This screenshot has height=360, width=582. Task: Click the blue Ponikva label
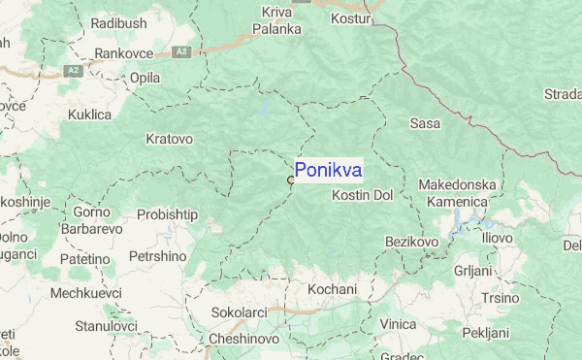328,171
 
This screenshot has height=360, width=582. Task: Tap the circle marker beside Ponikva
290,180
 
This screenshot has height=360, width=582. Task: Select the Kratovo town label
169,139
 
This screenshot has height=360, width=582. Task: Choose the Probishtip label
167,213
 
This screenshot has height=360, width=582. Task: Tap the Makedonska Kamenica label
457,191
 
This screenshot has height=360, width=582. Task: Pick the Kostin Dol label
362,195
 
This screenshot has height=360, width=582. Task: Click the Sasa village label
425,123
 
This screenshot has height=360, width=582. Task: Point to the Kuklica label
90,115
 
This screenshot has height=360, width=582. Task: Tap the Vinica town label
398,323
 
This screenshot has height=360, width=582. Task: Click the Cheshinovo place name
244,339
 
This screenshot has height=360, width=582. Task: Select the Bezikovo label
412,240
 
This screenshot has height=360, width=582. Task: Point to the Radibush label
115,21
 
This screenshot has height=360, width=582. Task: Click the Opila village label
145,77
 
